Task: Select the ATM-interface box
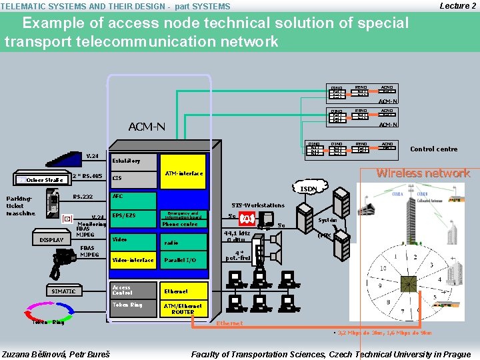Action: tap(183, 174)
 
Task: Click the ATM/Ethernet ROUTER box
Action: tap(183, 308)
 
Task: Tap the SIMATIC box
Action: tap(64, 291)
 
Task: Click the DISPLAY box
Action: tap(51, 240)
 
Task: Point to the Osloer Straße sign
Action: tap(41, 179)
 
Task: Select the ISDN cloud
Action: tap(308, 189)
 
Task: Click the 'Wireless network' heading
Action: tap(423, 173)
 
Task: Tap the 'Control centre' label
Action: tap(433, 149)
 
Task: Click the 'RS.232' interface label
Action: tap(83, 197)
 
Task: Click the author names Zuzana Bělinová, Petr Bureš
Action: tap(56, 354)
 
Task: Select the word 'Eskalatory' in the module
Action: tap(127, 161)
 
